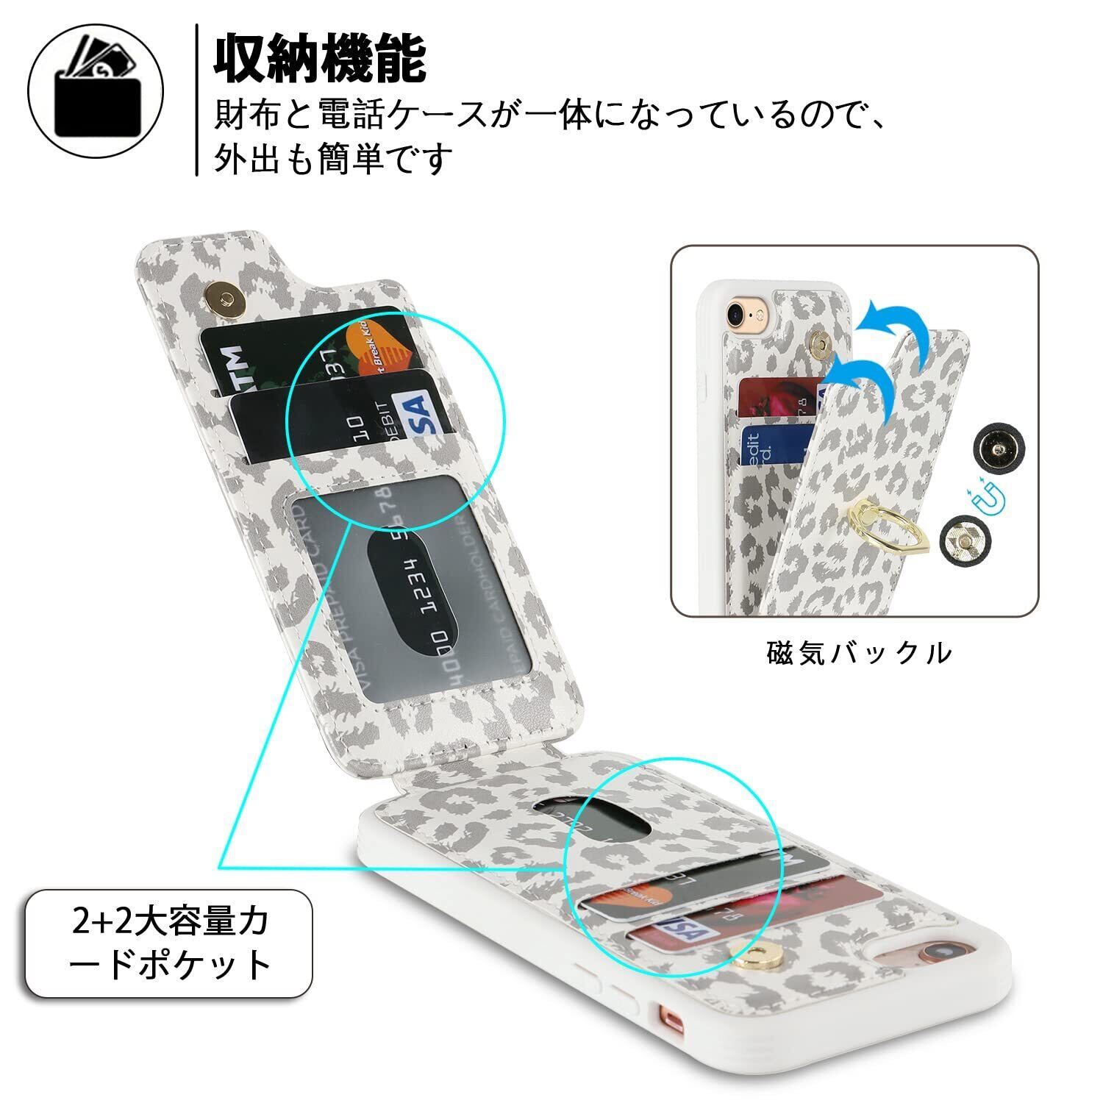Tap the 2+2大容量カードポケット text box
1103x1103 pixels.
[x=170, y=943]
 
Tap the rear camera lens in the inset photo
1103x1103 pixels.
[x=735, y=312]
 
